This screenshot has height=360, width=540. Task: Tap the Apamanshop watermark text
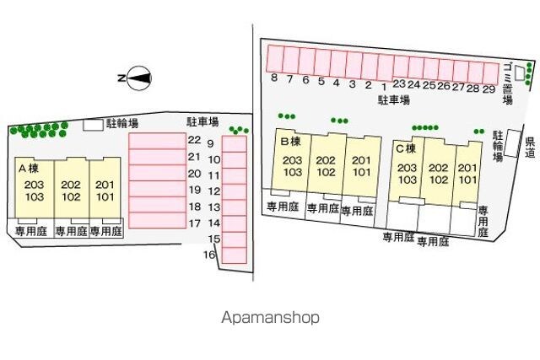pyautogui.click(x=270, y=318)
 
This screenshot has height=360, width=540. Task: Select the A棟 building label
pyautogui.click(x=29, y=168)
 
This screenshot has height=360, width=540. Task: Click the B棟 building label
pyautogui.click(x=290, y=142)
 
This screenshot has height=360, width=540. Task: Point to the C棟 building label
pyautogui.click(x=407, y=148)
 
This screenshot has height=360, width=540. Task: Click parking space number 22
pyautogui.click(x=194, y=140)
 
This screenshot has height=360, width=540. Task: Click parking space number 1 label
pyautogui.click(x=384, y=85)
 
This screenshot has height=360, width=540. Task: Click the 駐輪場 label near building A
pyautogui.click(x=122, y=124)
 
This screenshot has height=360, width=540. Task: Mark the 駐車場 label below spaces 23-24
pyautogui.click(x=393, y=99)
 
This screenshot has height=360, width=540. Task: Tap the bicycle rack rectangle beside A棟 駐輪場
pyautogui.click(x=92, y=125)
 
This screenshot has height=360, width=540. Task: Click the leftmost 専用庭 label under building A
pyautogui.click(x=32, y=229)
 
